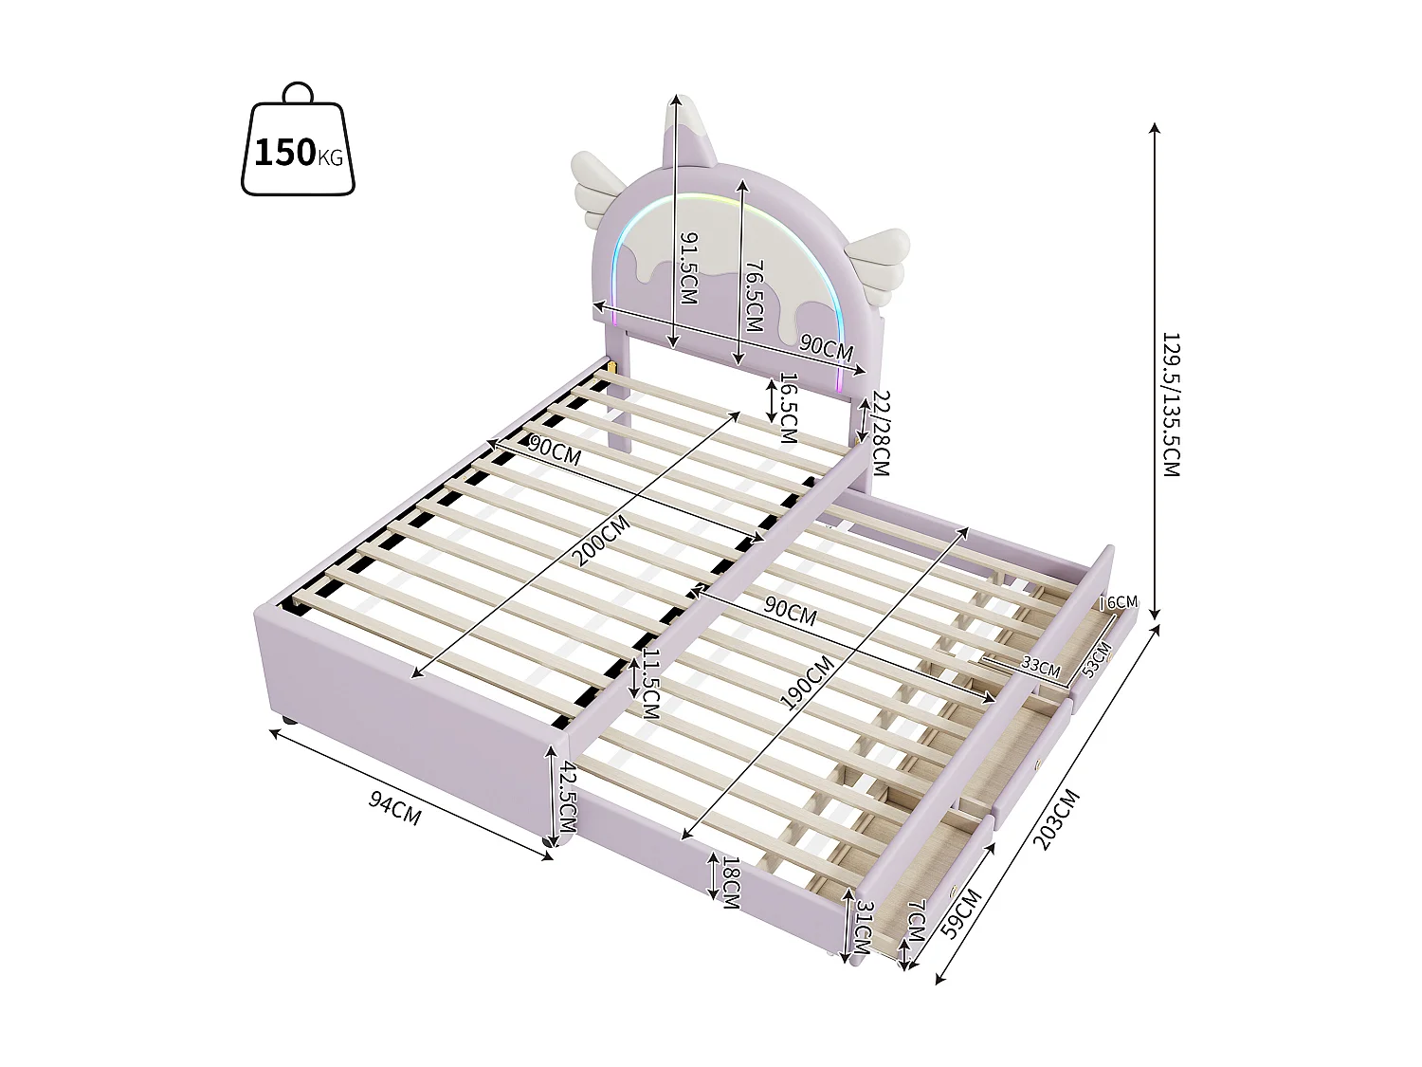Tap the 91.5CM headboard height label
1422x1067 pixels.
tap(687, 268)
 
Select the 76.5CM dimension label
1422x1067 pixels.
tap(754, 297)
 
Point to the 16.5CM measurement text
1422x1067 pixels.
tap(787, 408)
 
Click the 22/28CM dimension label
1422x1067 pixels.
tap(881, 434)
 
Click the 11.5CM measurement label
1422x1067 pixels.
tap(650, 685)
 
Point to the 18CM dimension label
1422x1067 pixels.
tap(731, 882)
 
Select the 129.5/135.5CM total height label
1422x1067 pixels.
tap(1171, 404)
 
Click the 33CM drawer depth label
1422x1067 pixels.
tap(1040, 667)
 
